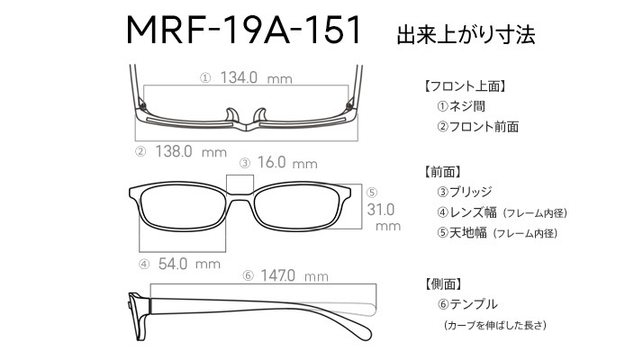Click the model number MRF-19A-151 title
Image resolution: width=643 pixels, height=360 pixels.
pyautogui.click(x=243, y=30)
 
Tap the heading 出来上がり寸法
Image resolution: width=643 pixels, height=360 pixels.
pyautogui.click(x=466, y=34)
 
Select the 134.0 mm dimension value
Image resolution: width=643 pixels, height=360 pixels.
pyautogui.click(x=256, y=77)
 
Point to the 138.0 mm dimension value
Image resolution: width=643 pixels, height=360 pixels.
pyautogui.click(x=191, y=152)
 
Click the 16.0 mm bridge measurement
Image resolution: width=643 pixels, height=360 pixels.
pyautogui.click(x=287, y=163)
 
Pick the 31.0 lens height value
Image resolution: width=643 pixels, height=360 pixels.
pyautogui.click(x=381, y=210)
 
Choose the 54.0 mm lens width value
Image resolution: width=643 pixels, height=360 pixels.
pyautogui.click(x=189, y=264)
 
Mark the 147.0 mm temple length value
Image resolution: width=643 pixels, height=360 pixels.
pyautogui.click(x=294, y=275)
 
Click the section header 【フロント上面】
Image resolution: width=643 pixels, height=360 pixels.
pyautogui.click(x=464, y=86)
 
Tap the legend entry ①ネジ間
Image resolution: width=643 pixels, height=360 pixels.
pyautogui.click(x=461, y=106)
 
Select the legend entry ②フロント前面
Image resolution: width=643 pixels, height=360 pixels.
pyautogui.click(x=477, y=126)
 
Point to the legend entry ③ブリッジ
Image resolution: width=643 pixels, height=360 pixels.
pyautogui.click(x=464, y=192)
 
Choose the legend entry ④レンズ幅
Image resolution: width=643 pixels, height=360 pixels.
pyautogui.click(x=466, y=212)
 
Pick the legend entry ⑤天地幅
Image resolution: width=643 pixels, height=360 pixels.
pyautogui.click(x=462, y=233)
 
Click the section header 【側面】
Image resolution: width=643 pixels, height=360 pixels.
pyautogui.click(x=442, y=283)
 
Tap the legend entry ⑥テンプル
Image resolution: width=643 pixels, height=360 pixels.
pyautogui.click(x=467, y=304)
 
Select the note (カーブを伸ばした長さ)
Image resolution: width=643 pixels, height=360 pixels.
pyautogui.click(x=495, y=325)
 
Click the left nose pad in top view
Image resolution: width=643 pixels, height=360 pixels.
pyautogui.click(x=232, y=115)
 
